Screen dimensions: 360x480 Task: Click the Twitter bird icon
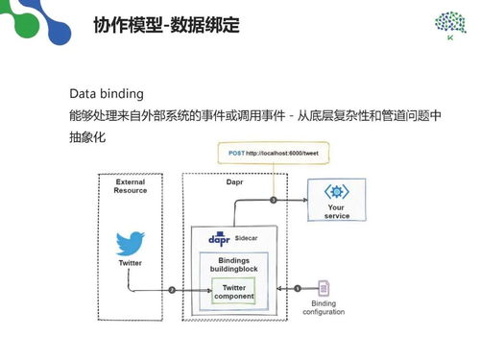(131, 242)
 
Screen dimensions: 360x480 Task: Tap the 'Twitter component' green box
(233, 292)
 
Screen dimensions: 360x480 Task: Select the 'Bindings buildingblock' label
(235, 266)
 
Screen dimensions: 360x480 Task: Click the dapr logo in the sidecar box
(220, 237)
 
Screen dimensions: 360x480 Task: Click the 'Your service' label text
(336, 211)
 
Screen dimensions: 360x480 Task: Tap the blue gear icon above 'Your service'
(336, 191)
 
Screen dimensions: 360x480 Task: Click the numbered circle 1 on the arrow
(298, 289)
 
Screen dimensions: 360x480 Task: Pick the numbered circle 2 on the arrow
(172, 289)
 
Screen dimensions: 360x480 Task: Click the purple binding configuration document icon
(324, 287)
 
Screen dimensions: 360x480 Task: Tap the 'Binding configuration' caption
(324, 307)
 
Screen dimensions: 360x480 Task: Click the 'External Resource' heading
(131, 185)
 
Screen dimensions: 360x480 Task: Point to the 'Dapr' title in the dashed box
(234, 180)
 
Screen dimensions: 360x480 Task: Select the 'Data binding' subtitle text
(107, 94)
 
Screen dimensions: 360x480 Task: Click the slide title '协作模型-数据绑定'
(167, 23)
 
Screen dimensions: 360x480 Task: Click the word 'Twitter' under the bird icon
(131, 262)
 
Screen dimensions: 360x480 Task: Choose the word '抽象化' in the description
(87, 138)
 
